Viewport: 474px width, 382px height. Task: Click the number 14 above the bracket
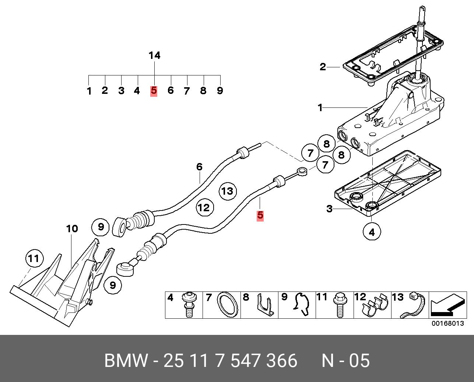[155, 56]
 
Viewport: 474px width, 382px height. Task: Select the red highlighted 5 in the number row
[154, 91]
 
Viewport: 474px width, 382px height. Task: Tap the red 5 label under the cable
[260, 215]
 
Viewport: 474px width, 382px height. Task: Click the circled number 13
[228, 191]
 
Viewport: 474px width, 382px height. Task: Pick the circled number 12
[205, 208]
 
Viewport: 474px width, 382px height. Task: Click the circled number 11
[35, 258]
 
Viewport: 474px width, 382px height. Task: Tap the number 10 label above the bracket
[72, 229]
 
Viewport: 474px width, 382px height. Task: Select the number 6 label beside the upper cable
[199, 167]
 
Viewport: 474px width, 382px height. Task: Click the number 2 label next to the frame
[323, 67]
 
